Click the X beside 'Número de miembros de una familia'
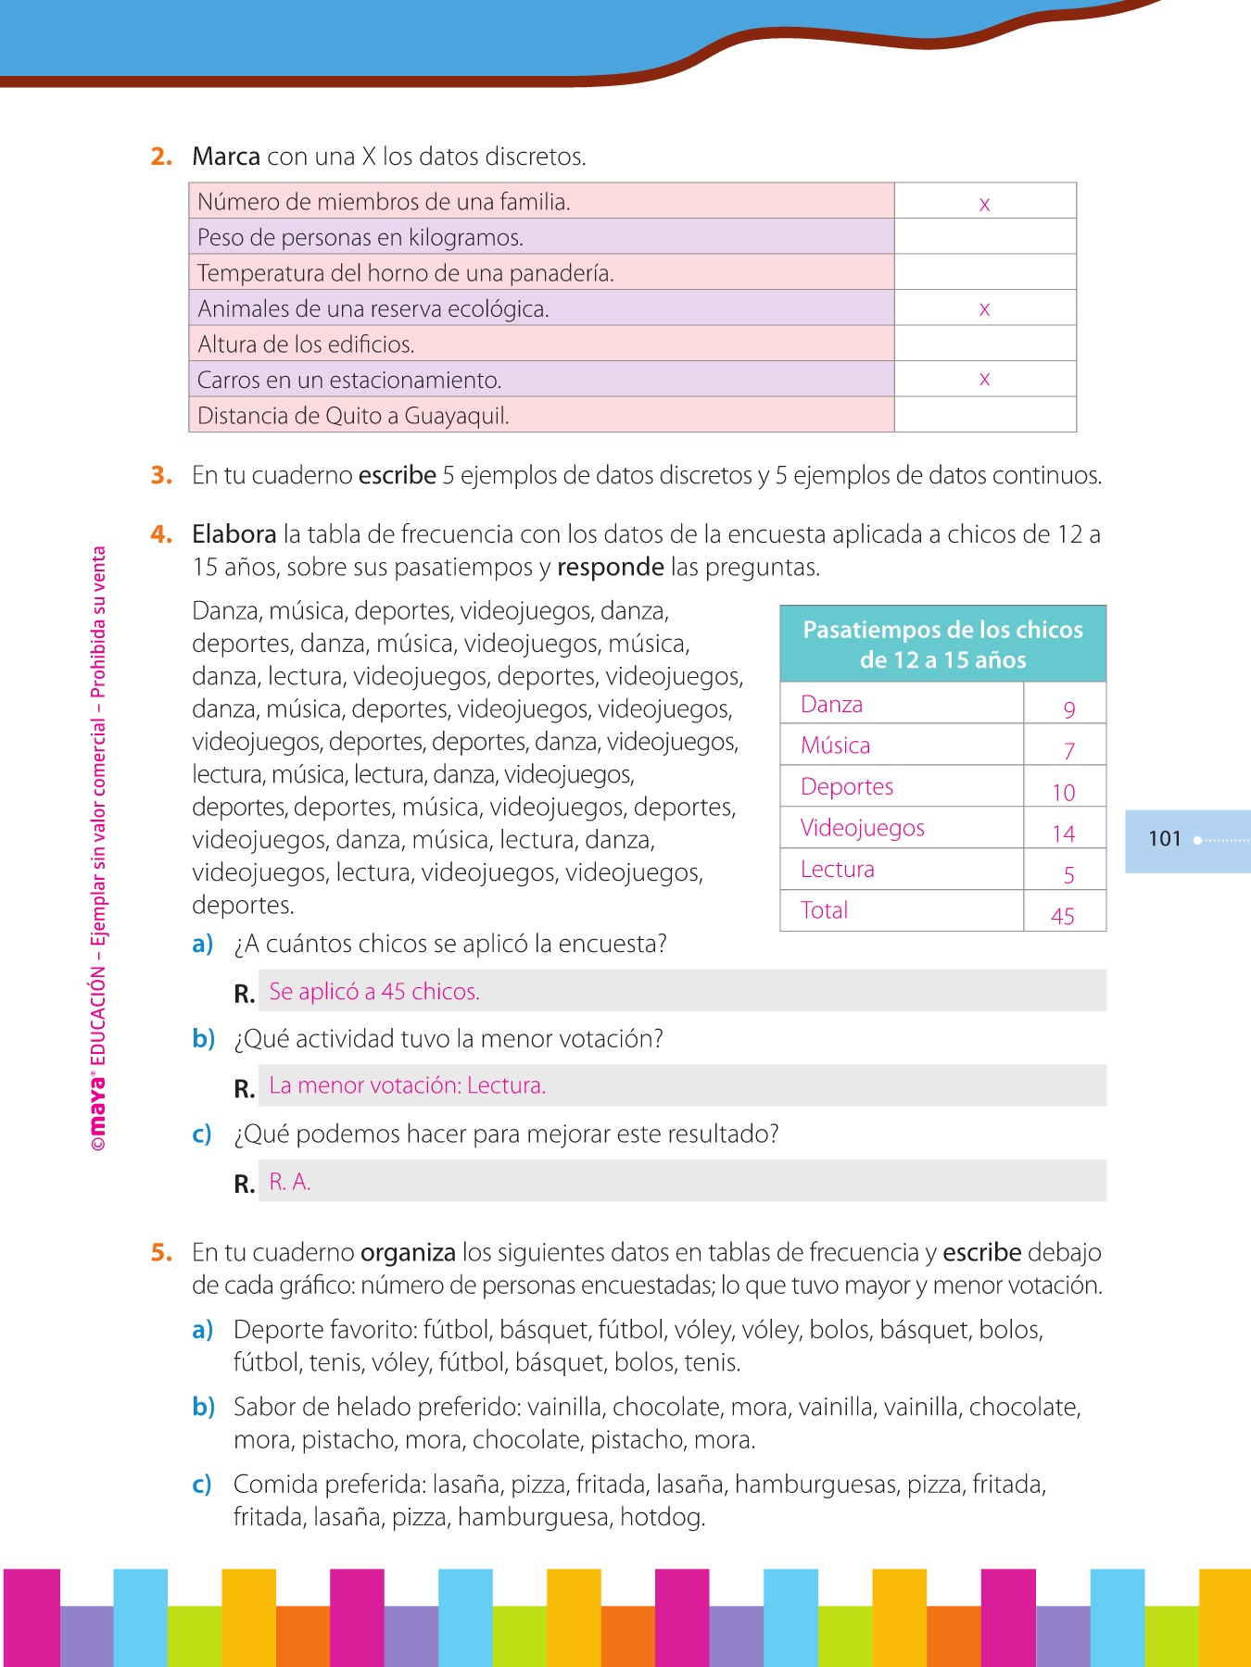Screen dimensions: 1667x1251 [984, 205]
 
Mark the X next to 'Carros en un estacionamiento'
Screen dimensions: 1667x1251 [984, 379]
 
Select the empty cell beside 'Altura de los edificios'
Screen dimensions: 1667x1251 [984, 344]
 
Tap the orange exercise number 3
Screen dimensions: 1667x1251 [161, 475]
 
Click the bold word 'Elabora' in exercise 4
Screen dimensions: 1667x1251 [234, 534]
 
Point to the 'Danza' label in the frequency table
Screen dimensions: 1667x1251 [831, 705]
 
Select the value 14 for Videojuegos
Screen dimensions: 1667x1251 [1063, 833]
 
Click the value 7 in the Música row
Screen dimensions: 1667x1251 [1068, 751]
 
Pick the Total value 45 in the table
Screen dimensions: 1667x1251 [1063, 916]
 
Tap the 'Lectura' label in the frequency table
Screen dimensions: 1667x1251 [837, 870]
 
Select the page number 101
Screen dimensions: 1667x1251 [1164, 839]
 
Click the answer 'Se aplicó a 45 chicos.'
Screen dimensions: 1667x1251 [373, 992]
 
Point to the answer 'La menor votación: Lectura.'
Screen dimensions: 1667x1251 [407, 1085]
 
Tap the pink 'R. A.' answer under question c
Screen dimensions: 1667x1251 [289, 1182]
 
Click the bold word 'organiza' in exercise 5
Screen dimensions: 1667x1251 [408, 1253]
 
